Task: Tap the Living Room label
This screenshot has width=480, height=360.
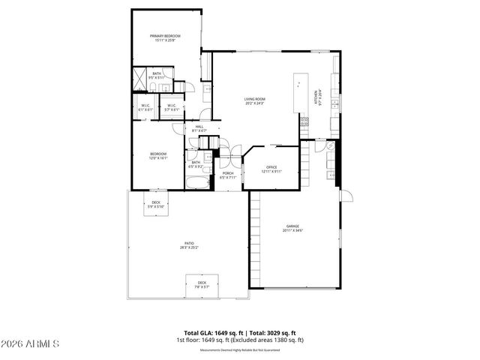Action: point(256,101)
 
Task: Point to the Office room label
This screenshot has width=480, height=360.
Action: point(271,169)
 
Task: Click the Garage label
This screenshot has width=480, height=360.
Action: point(292,228)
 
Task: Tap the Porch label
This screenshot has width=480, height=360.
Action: point(228,175)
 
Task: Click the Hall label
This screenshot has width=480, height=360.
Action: point(200,129)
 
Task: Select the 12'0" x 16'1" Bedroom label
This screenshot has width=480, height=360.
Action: point(157,156)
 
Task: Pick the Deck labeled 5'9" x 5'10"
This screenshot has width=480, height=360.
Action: point(156,205)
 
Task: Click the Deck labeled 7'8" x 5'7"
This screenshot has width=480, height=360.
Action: point(202,284)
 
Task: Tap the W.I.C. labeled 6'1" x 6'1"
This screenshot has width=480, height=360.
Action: point(145,107)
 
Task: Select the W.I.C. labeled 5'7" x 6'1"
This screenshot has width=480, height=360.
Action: point(171,107)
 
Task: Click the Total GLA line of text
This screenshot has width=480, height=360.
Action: point(240,332)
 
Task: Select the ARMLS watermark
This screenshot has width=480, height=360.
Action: point(31,343)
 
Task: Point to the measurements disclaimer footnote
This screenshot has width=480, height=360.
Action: point(240,350)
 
